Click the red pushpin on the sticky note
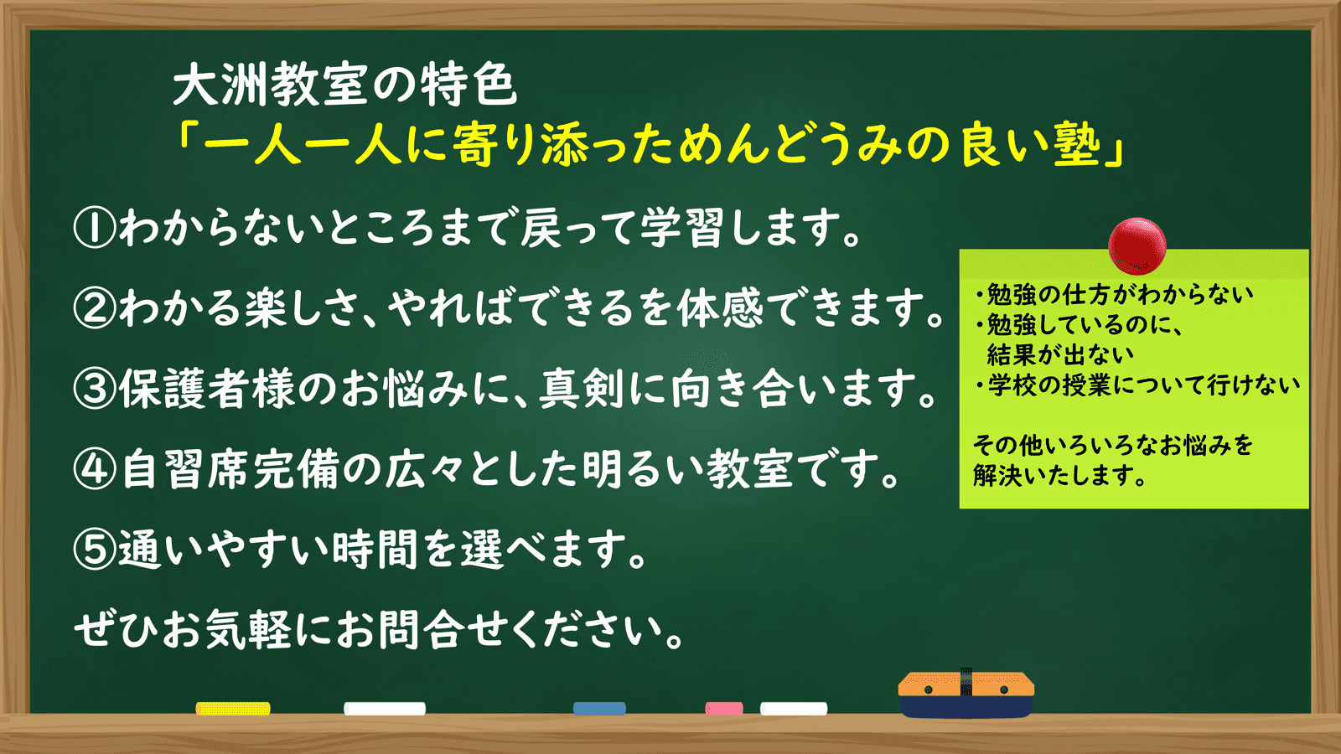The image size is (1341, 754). click(x=1136, y=246)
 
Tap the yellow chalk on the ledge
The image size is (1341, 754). click(x=233, y=709)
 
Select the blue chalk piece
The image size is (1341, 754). click(x=599, y=709)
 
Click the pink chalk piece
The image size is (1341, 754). click(x=724, y=709)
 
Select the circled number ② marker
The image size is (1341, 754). click(x=94, y=307)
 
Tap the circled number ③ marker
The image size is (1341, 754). click(x=94, y=389)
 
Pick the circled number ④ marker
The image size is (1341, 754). click(x=94, y=469)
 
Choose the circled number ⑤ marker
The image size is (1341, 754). click(x=94, y=550)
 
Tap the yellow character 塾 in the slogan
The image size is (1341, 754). click(x=1077, y=145)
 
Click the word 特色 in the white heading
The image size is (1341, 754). click(x=468, y=85)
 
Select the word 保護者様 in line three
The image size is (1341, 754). click(x=207, y=389)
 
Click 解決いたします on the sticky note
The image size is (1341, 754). click(x=1059, y=476)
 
